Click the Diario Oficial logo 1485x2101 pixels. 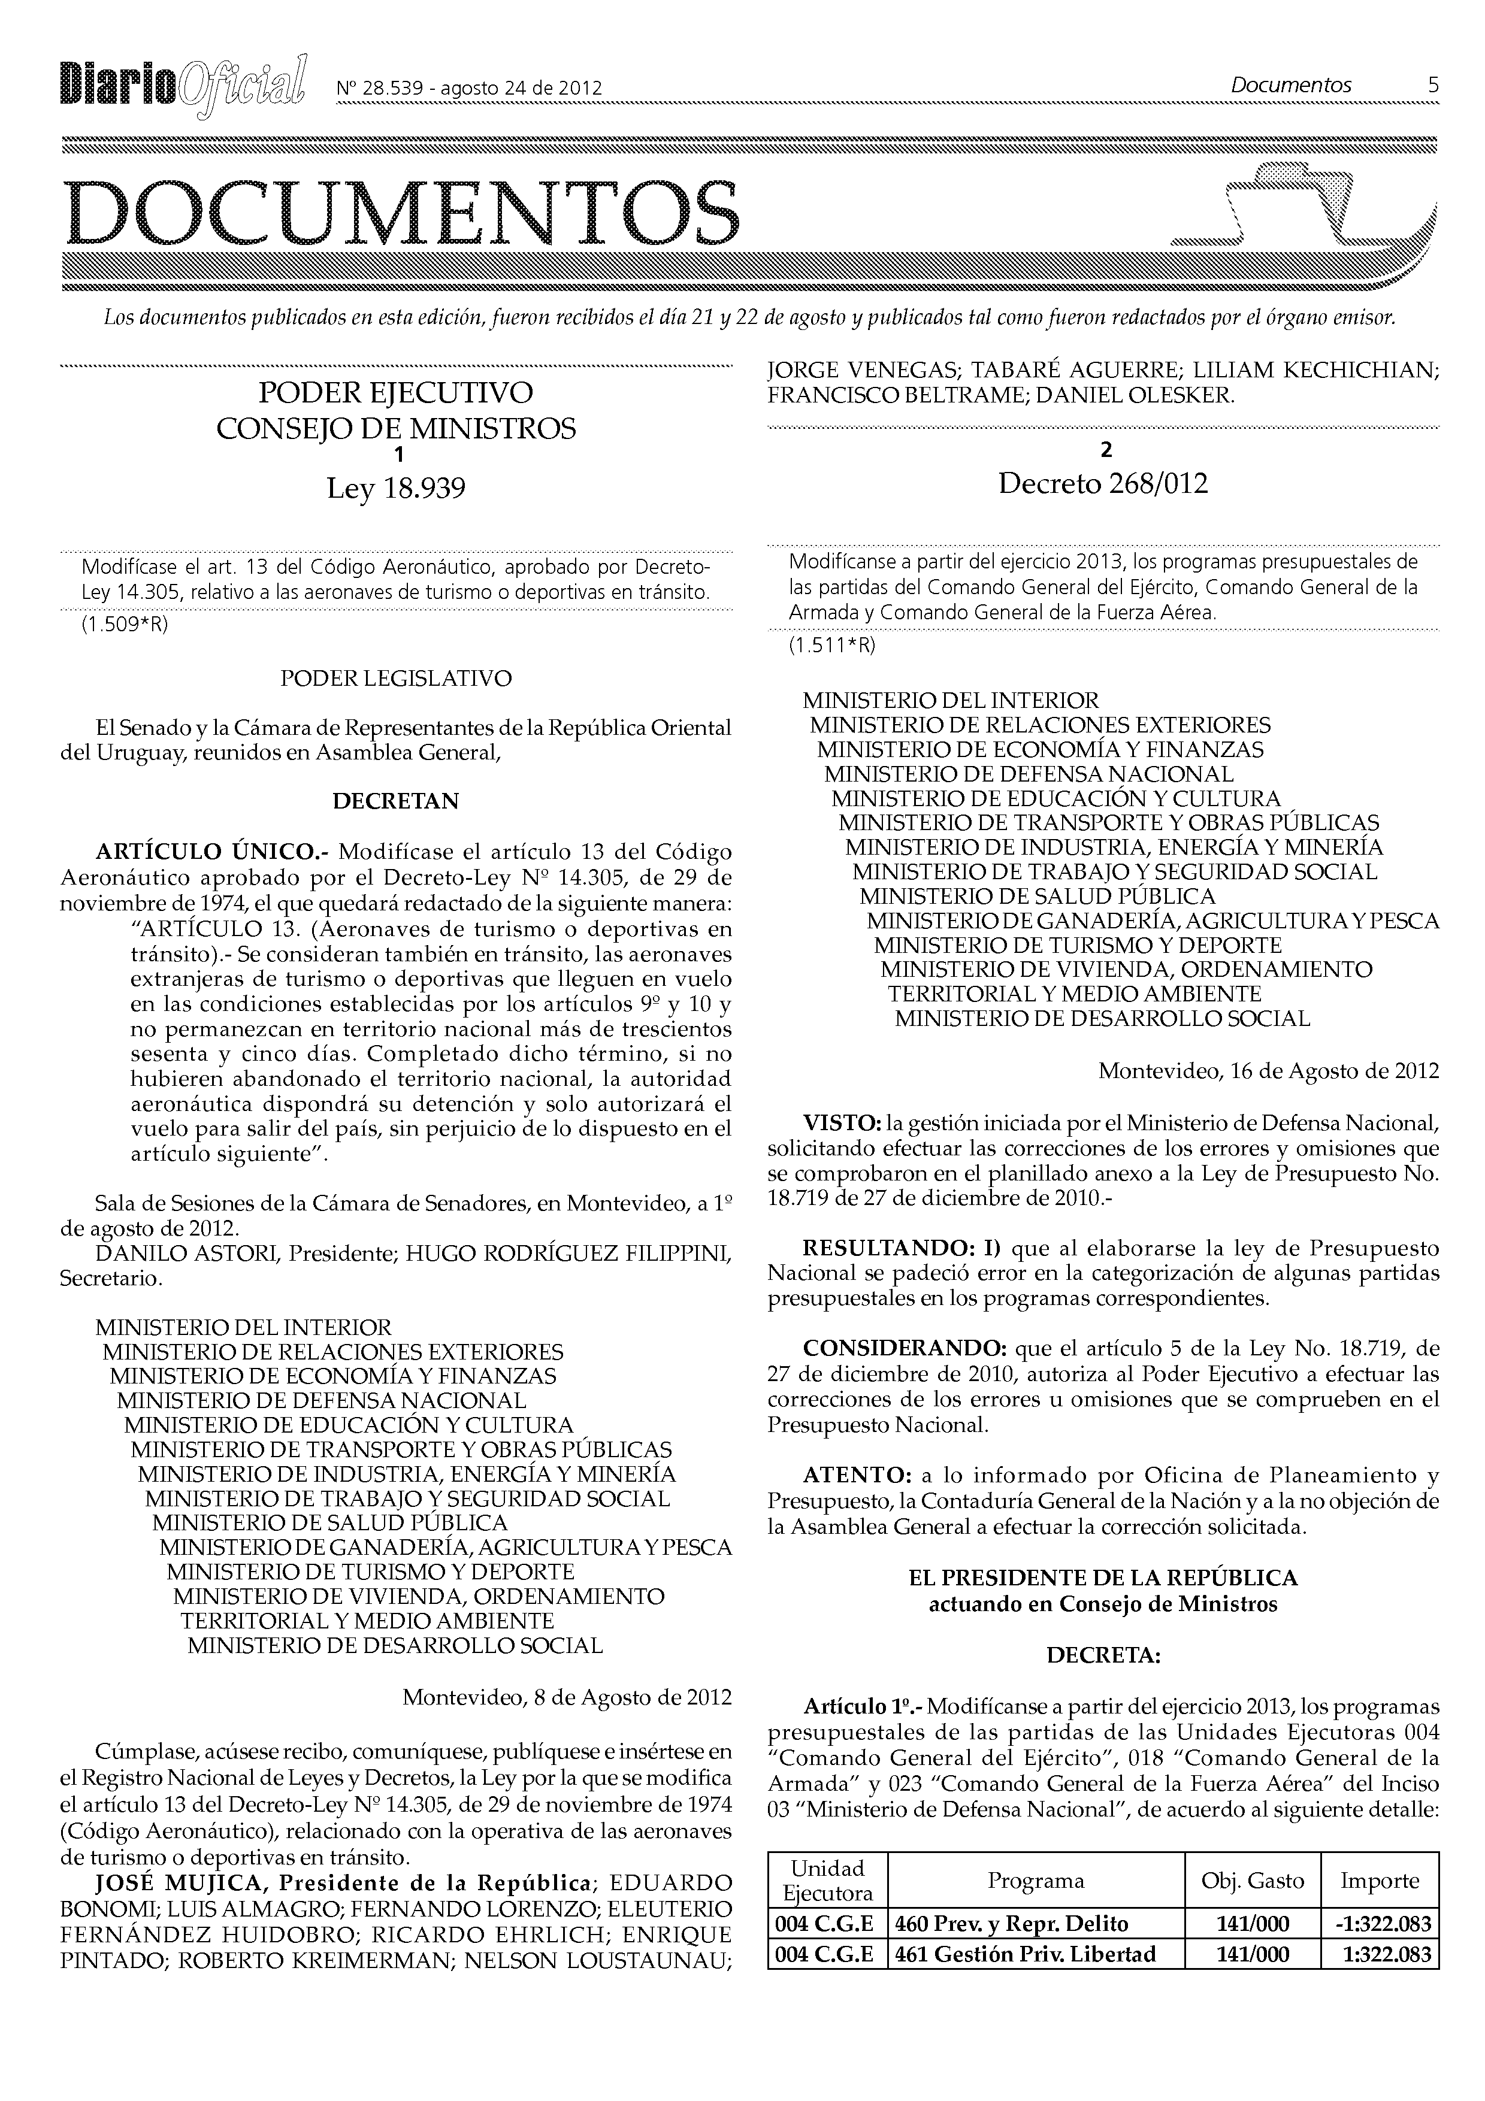tap(183, 88)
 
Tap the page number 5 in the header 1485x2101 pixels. tap(1432, 85)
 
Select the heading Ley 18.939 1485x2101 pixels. tap(396, 489)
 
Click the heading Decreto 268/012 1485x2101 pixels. tap(1103, 483)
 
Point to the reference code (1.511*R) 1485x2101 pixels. tap(831, 645)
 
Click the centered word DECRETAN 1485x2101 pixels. tap(395, 801)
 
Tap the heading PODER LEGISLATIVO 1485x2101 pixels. tap(395, 678)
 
